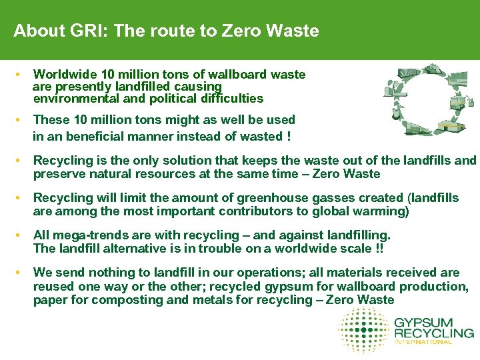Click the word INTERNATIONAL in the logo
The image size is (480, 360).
(423, 342)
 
